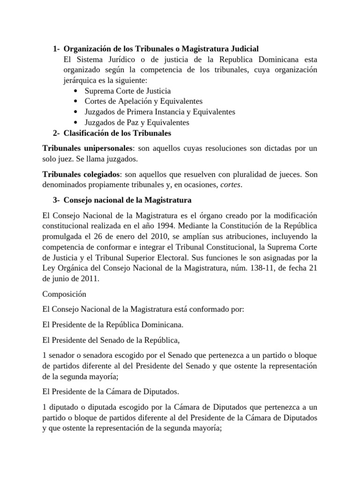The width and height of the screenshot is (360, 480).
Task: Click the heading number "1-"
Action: (x=56, y=48)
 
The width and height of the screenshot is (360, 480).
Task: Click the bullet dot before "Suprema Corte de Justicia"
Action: (x=75, y=91)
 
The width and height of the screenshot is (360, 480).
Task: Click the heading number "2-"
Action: (x=56, y=133)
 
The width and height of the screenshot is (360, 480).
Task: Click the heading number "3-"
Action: (x=56, y=200)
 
